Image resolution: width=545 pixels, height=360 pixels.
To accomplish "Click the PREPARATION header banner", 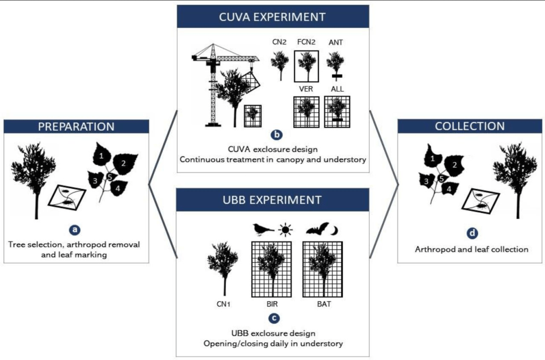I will click(76, 127).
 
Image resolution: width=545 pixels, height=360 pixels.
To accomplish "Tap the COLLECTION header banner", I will click(470, 127).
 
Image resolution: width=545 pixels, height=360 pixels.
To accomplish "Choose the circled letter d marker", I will click(470, 232).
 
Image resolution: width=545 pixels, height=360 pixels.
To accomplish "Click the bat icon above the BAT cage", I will click(317, 229).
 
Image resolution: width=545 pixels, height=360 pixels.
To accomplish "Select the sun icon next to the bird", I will click(287, 230).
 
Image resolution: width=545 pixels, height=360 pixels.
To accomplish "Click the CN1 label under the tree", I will click(224, 305).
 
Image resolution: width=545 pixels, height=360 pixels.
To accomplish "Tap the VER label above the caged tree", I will click(306, 89).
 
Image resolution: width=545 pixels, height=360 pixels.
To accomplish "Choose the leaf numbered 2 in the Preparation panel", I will click(126, 163).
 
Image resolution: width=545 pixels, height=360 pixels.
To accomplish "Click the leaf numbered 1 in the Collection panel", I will click(433, 158).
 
